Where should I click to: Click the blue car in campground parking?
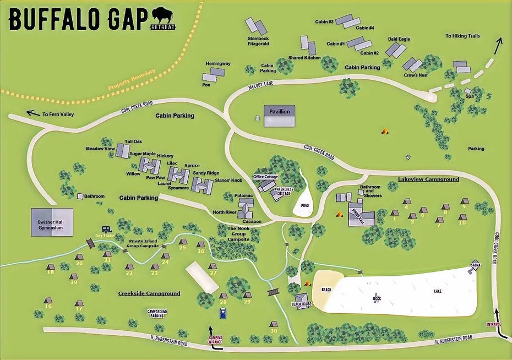click(x=223, y=313)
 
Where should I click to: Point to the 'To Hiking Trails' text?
click(x=462, y=36)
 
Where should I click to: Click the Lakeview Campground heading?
click(x=428, y=179)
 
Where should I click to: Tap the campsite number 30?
click(x=274, y=330)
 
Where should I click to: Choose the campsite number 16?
click(x=48, y=307)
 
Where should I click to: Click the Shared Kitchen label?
click(x=304, y=58)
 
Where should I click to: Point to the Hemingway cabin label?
click(x=218, y=64)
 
